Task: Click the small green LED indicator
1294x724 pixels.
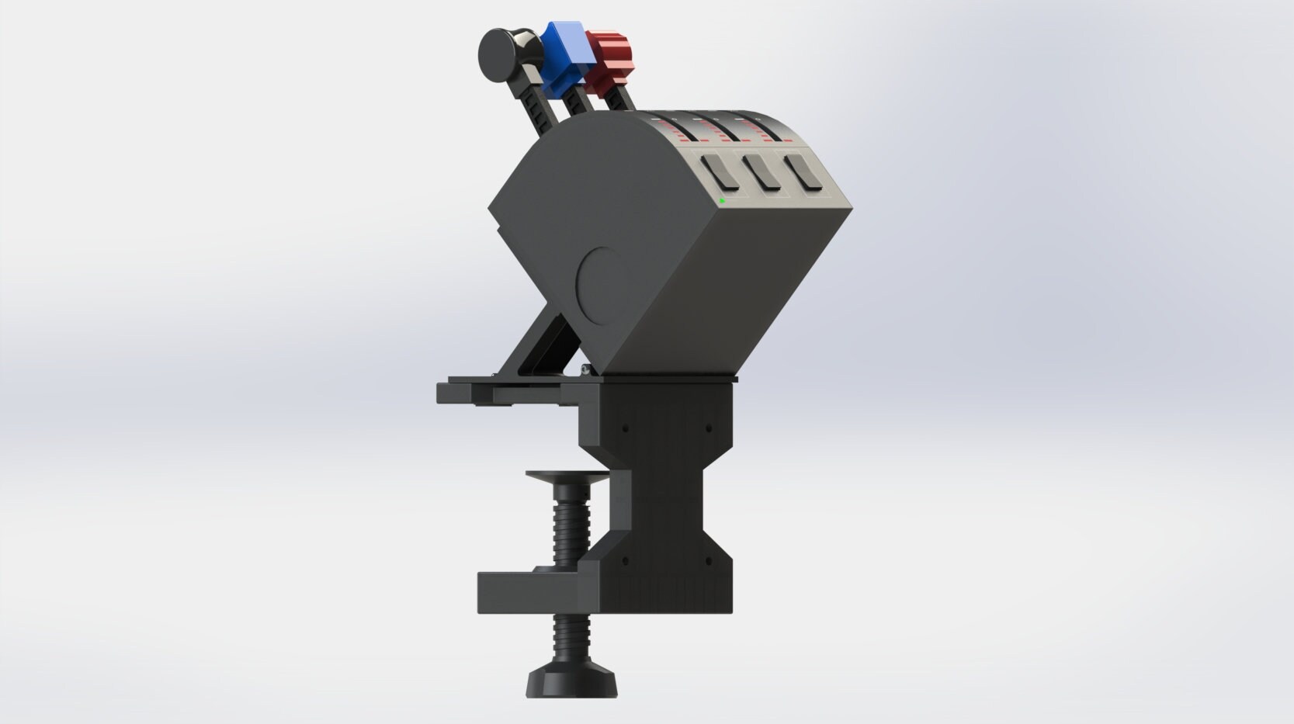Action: [x=722, y=201]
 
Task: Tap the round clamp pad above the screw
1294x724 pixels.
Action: [x=567, y=476]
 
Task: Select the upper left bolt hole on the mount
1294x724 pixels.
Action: [x=625, y=428]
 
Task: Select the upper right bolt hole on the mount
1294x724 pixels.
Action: [x=707, y=428]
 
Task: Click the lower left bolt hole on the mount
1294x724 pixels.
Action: [x=625, y=559]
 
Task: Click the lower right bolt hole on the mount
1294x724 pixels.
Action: [x=707, y=559]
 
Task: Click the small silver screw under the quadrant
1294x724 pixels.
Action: [x=584, y=369]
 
